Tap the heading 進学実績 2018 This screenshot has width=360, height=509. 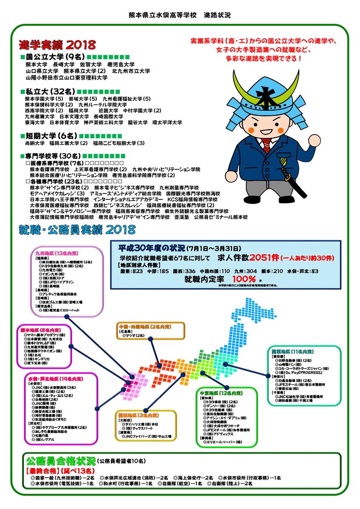57,45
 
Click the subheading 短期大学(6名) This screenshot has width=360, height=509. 50,136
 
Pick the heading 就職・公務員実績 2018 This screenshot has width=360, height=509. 77,230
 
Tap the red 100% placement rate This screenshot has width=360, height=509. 244,279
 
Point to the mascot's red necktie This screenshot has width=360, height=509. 265,146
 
